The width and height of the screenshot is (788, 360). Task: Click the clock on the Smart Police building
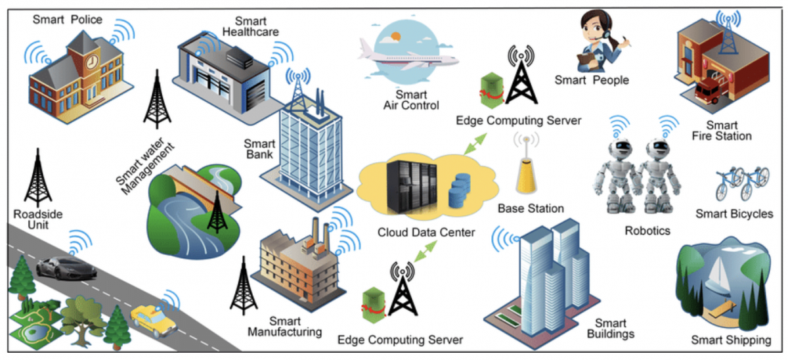pyautogui.click(x=91, y=62)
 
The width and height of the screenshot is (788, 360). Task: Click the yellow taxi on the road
pyautogui.click(x=152, y=320)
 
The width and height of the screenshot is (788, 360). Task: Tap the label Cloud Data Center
pyautogui.click(x=426, y=232)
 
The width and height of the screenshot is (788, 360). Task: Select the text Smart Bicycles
pyautogui.click(x=734, y=214)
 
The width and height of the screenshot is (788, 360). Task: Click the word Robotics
pyautogui.click(x=647, y=231)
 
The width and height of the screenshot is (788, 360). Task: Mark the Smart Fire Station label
pyautogui.click(x=721, y=131)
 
